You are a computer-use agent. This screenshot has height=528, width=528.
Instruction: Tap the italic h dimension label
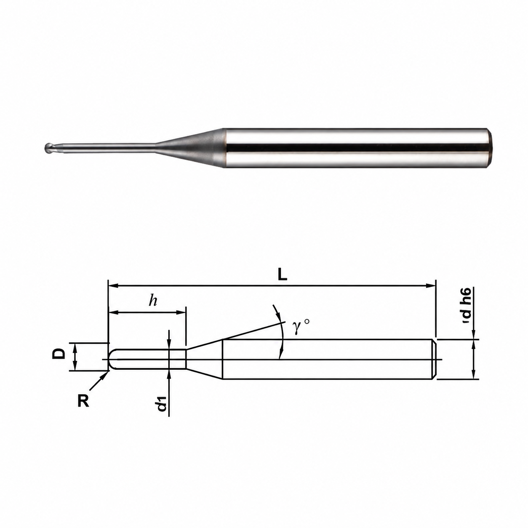click(153, 301)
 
